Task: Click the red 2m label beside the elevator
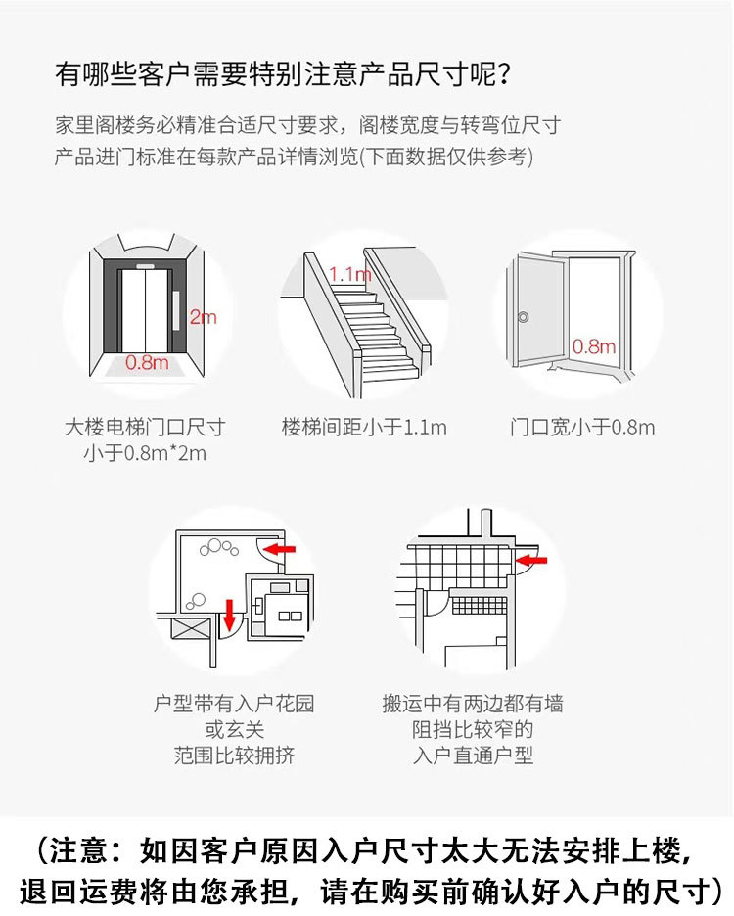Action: (x=203, y=317)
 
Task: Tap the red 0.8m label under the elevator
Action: (x=147, y=363)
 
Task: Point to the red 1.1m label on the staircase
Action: (x=350, y=274)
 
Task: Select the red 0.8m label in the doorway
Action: (x=593, y=346)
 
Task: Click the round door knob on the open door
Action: (x=524, y=317)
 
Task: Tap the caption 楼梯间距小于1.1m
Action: (x=364, y=427)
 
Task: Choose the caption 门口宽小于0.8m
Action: (x=582, y=427)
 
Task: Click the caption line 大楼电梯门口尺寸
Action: (x=145, y=427)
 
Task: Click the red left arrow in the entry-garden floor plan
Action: (x=282, y=549)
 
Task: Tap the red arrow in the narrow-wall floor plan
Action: (x=532, y=561)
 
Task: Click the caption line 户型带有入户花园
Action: (x=234, y=704)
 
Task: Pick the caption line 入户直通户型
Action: (x=473, y=756)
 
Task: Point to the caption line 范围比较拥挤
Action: (x=234, y=756)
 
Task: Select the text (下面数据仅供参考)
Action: (x=446, y=158)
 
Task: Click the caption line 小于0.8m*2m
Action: (x=145, y=453)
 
